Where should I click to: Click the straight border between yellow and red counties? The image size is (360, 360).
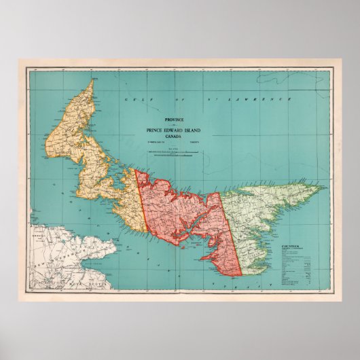pyautogui.click(x=144, y=217)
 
